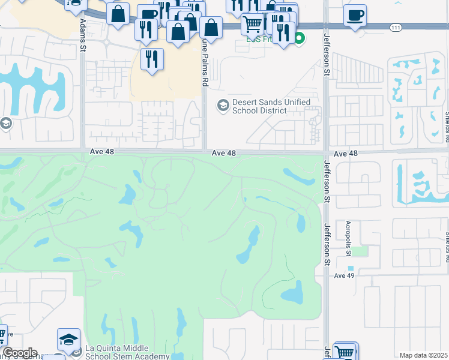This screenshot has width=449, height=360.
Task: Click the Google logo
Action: (x=20, y=353)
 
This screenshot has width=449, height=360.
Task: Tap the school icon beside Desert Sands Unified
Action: (x=223, y=106)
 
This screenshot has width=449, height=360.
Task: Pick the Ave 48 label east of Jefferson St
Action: (x=345, y=154)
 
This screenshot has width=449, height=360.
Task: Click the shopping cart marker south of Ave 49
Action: (x=345, y=352)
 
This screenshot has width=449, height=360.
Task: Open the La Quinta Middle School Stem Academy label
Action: (x=127, y=352)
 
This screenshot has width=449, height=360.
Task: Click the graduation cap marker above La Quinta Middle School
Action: (x=68, y=339)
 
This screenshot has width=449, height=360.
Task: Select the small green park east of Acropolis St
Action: (x=360, y=251)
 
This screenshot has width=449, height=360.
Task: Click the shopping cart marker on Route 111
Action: (x=253, y=24)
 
